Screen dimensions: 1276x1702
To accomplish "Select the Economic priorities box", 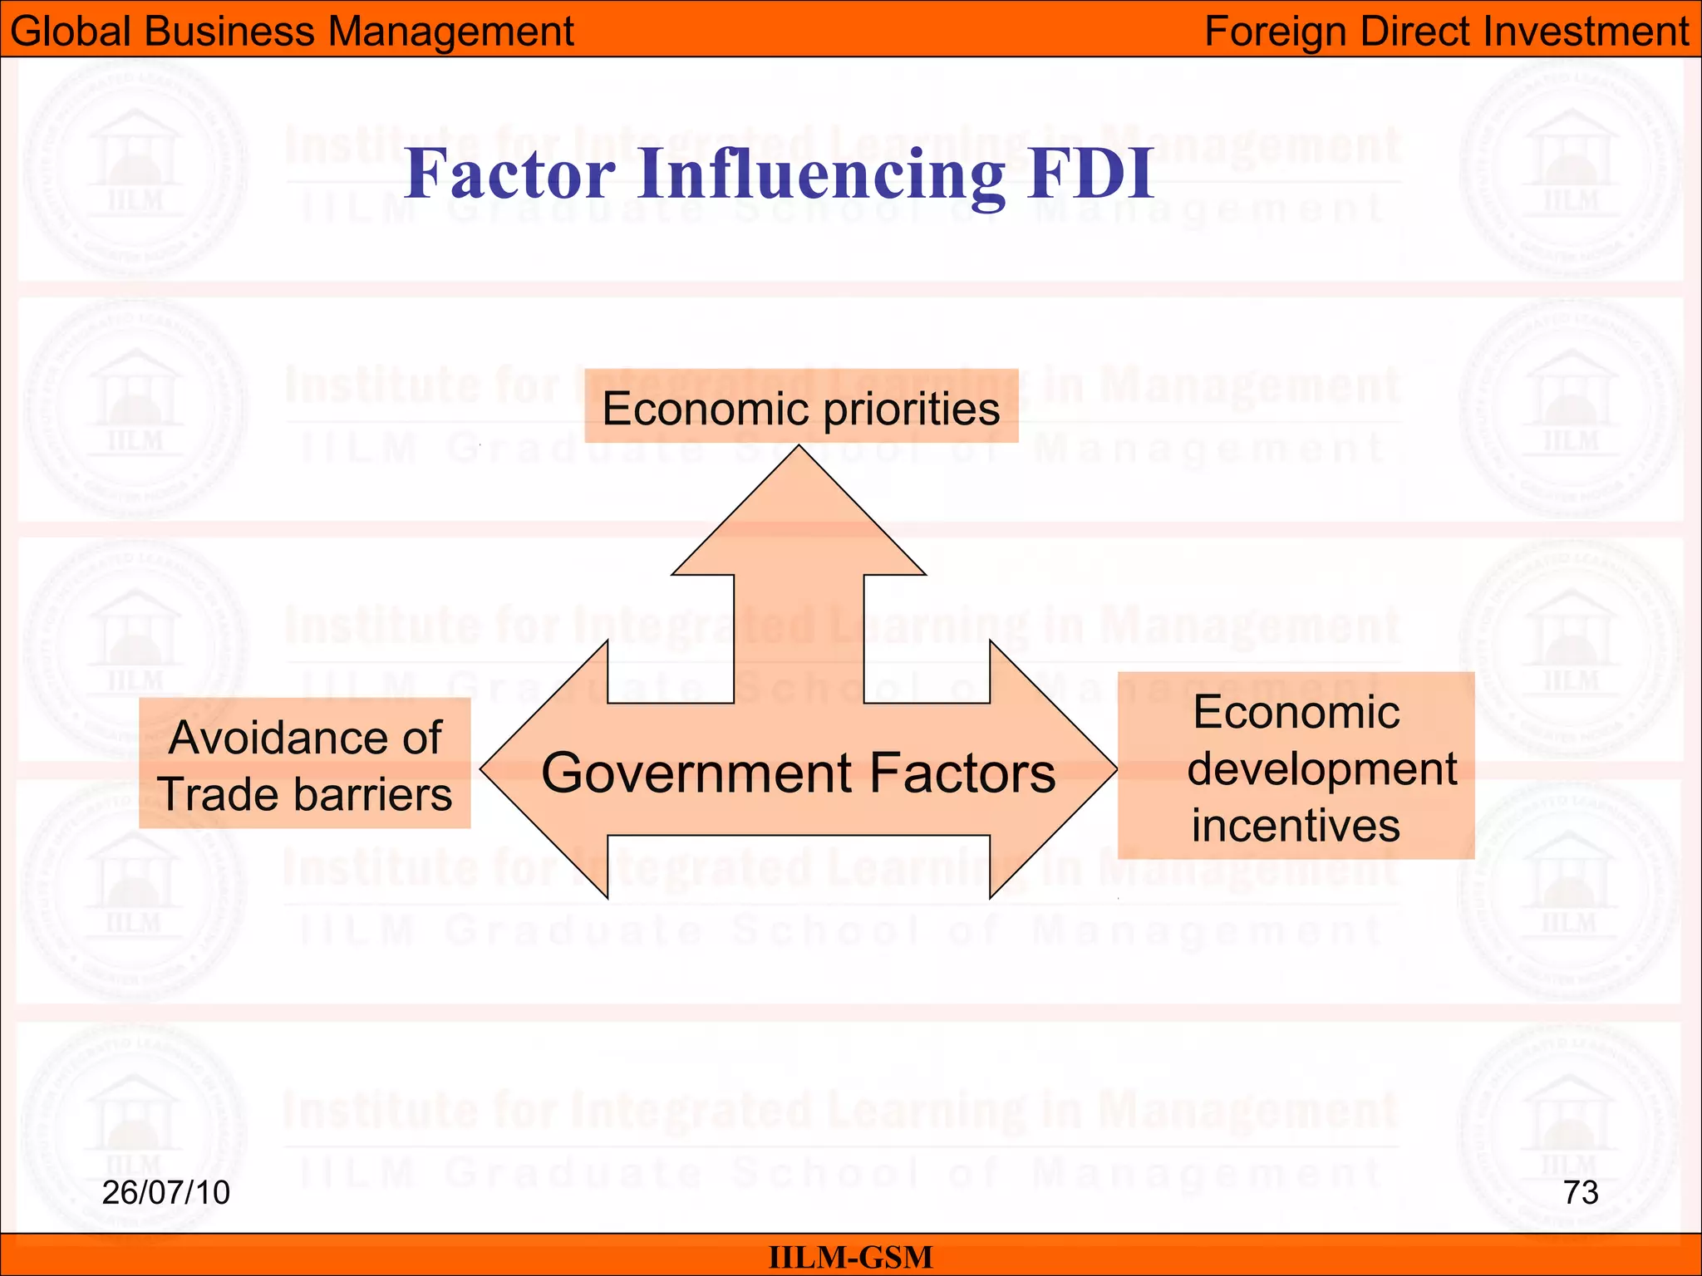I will pyautogui.click(x=801, y=407).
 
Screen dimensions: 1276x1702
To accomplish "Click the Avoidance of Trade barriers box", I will pyautogui.click(x=304, y=764).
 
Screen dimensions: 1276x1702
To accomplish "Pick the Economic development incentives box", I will pyautogui.click(x=1296, y=767).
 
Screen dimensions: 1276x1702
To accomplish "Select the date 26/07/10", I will pyautogui.click(x=165, y=1193).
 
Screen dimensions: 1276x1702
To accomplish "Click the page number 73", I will pyautogui.click(x=1581, y=1193).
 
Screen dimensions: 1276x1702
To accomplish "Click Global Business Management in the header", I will pyautogui.click(x=292, y=32).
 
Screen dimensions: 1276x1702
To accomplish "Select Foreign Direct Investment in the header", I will pyautogui.click(x=1446, y=32).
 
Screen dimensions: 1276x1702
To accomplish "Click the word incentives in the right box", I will pyautogui.click(x=1296, y=826).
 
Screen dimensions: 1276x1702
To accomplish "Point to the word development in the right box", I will pyautogui.click(x=1321, y=768).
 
